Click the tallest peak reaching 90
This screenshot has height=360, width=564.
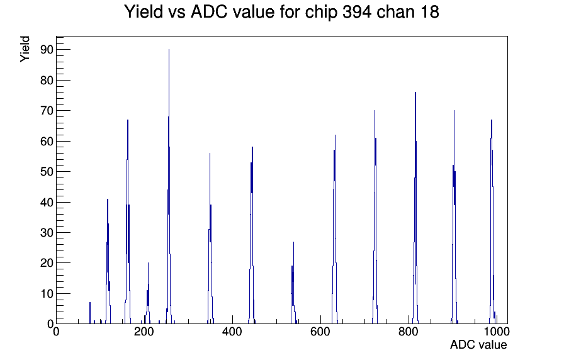[169, 50]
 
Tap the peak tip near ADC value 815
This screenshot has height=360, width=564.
[415, 93]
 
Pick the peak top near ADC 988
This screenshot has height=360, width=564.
[492, 120]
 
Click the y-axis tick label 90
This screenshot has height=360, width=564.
[47, 50]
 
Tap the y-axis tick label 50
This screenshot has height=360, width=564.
[47, 172]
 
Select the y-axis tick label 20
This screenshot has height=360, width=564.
[47, 263]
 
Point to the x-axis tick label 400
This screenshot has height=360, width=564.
[232, 332]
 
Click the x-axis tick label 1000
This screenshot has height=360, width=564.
[496, 332]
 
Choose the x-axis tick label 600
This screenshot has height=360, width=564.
[320, 332]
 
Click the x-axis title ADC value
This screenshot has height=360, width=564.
[478, 344]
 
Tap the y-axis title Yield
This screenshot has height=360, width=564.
[25, 49]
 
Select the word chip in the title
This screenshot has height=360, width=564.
[321, 12]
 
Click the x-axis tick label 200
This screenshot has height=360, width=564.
[144, 332]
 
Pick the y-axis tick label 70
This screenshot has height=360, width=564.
[47, 111]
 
